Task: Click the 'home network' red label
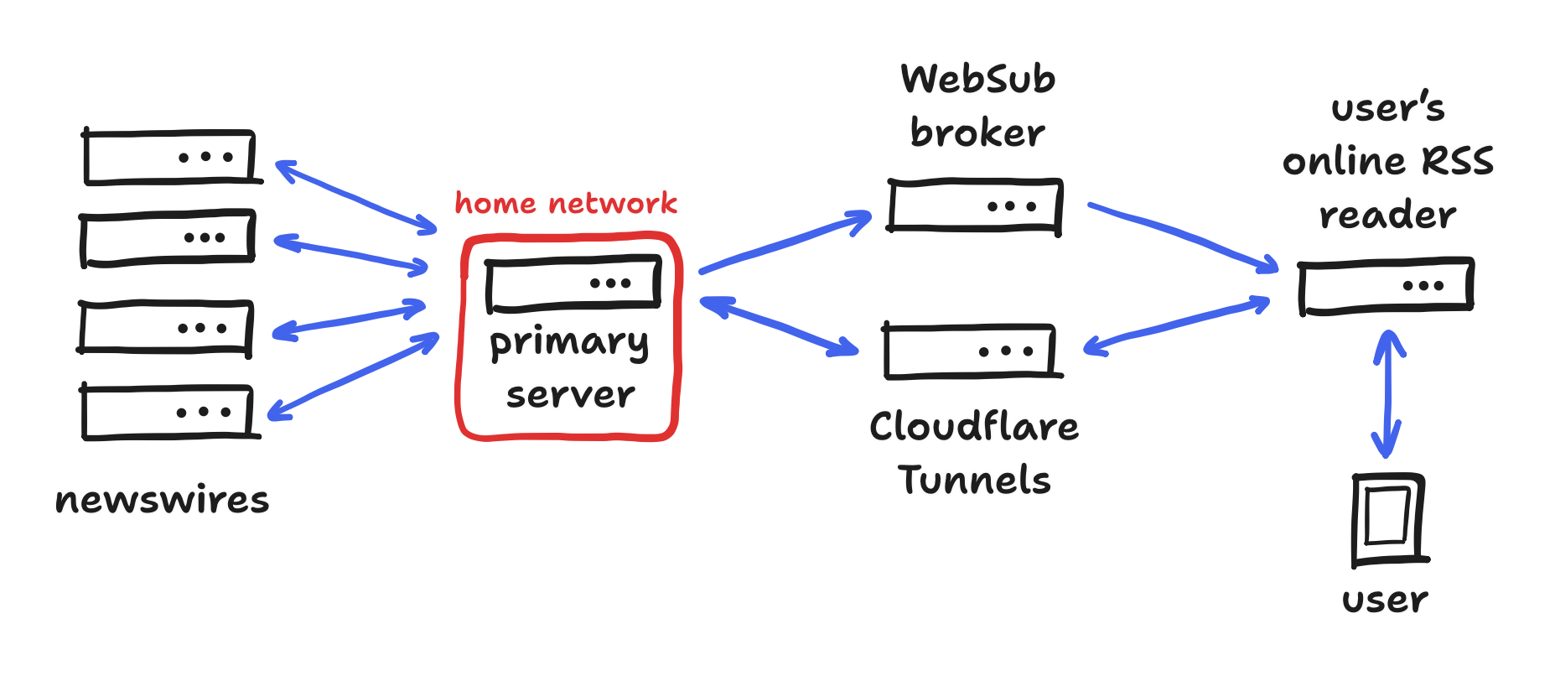click(x=566, y=203)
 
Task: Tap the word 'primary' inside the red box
click(x=568, y=343)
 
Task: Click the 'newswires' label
click(x=163, y=501)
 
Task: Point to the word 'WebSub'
click(x=978, y=80)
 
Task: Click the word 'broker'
click(x=977, y=133)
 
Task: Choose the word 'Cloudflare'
click(x=974, y=427)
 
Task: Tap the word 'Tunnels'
click(x=974, y=481)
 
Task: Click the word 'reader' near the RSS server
click(x=1387, y=215)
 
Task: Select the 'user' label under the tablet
click(x=1385, y=600)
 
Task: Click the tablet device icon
click(x=1388, y=517)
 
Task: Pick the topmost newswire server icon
click(x=169, y=157)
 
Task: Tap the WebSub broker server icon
click(x=975, y=205)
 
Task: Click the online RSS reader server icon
click(x=1386, y=286)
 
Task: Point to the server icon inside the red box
click(x=573, y=283)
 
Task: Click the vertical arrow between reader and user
click(x=1388, y=394)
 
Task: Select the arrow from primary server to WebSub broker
click(x=785, y=243)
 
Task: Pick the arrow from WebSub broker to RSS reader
click(x=1182, y=236)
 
